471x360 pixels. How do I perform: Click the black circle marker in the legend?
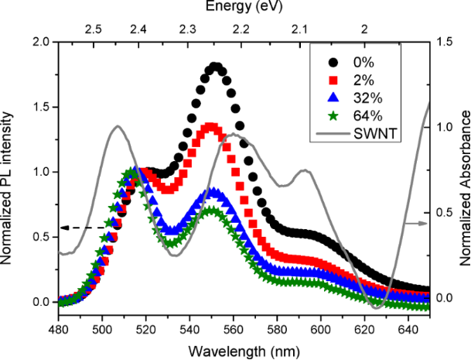coord(333,62)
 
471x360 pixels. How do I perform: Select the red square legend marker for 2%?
coord(333,80)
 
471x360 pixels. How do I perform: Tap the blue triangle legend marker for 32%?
coord(333,98)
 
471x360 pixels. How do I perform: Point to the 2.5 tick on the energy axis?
coord(93,29)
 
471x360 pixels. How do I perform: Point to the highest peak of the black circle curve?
coord(216,68)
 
